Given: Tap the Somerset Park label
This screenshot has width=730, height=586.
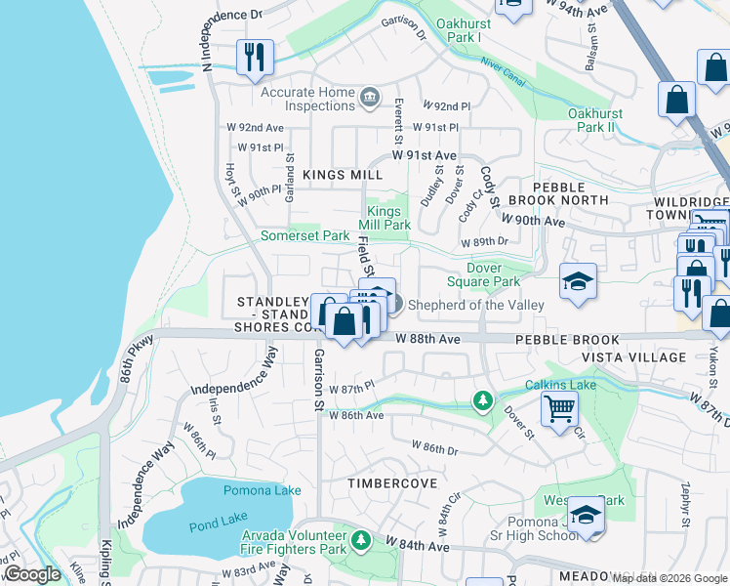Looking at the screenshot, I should click(x=304, y=236).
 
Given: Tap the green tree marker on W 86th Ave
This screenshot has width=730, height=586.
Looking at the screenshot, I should click(x=482, y=400).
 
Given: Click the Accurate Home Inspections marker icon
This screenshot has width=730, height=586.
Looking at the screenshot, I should click(x=370, y=95).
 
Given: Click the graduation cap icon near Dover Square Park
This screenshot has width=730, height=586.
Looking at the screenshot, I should click(x=578, y=281).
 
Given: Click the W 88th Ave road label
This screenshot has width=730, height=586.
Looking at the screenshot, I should click(x=427, y=338).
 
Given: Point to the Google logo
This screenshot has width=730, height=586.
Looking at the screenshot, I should click(x=31, y=574).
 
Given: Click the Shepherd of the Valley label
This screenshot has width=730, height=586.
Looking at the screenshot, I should click(x=475, y=305).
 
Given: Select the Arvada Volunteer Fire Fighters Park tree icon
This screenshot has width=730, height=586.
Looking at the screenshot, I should click(x=361, y=539).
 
